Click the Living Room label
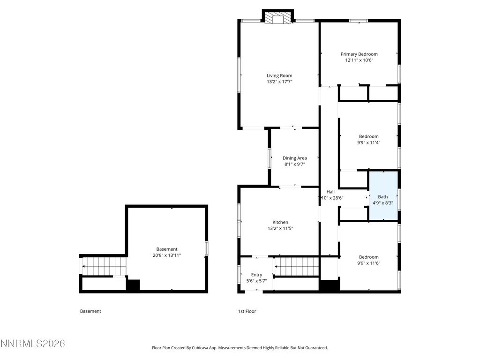(x=279, y=75)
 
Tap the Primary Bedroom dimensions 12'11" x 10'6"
(x=359, y=60)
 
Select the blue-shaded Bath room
(x=383, y=196)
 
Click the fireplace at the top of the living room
(x=277, y=18)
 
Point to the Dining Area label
(x=294, y=158)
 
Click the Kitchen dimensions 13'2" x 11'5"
(x=280, y=228)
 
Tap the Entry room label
(x=256, y=275)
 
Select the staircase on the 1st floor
(x=296, y=267)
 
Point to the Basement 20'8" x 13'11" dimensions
(x=167, y=255)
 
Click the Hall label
(x=330, y=192)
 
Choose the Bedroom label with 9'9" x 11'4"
(x=368, y=136)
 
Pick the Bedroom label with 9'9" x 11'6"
(x=368, y=257)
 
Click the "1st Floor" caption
(x=247, y=311)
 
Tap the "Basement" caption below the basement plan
(x=90, y=311)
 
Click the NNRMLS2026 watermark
(x=32, y=344)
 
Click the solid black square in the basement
(x=133, y=285)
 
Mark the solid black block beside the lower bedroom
(x=329, y=285)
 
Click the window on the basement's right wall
(x=207, y=248)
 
